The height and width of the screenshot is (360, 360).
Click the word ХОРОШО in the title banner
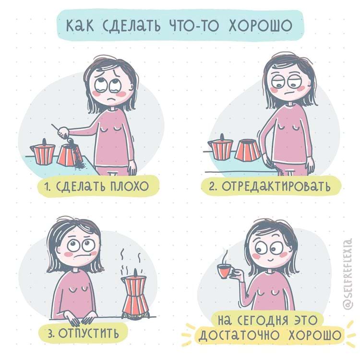pos(260,25)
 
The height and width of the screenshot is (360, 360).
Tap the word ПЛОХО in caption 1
pos(130,186)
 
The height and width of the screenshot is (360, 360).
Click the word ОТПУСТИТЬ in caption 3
pos(89,333)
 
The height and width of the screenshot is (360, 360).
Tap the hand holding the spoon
pos(63,132)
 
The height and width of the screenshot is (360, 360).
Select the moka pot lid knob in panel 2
pos(222,137)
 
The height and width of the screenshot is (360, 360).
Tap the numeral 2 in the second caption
pos(212,187)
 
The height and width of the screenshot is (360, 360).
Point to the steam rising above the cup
pos(225,256)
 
